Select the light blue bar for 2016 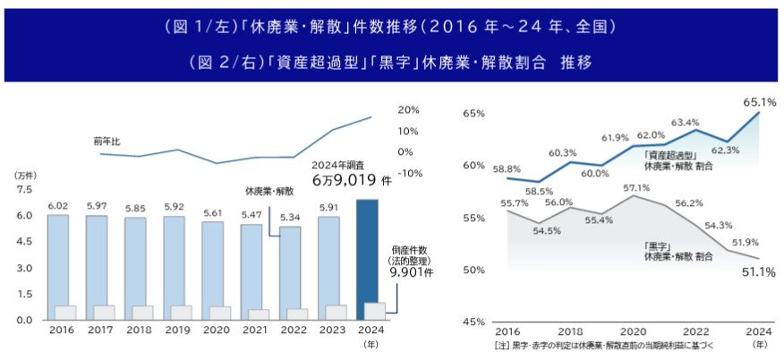pyautogui.click(x=57, y=260)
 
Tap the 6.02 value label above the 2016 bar pyautogui.click(x=57, y=206)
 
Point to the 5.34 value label pyautogui.click(x=290, y=218)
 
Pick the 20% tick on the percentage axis pyautogui.click(x=408, y=110)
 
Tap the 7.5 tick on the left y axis pyautogui.click(x=24, y=190)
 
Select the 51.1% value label pyautogui.click(x=757, y=272)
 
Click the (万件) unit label pyautogui.click(x=25, y=176)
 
